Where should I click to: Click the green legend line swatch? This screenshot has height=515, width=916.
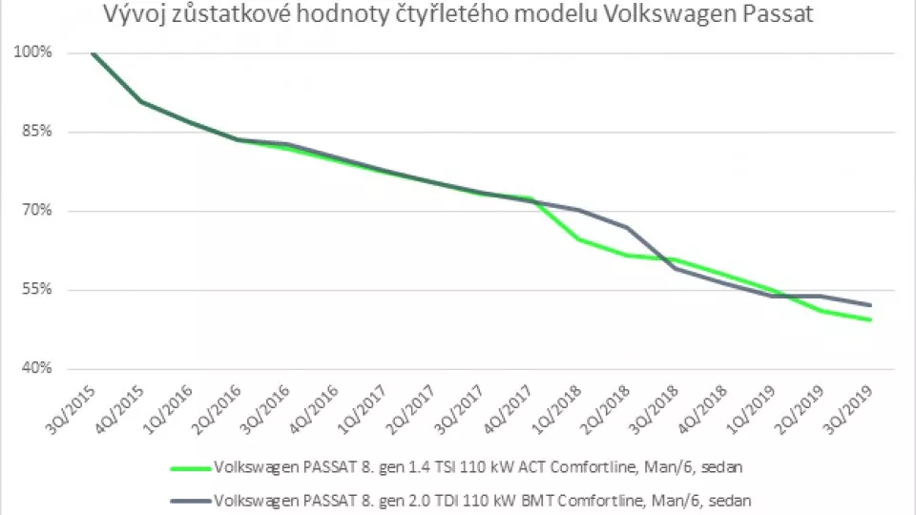[x=190, y=468]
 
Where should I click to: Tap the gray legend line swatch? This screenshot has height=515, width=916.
[x=190, y=499]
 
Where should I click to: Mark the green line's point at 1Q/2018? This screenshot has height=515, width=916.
[x=578, y=239]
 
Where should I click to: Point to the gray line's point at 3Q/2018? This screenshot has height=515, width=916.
[x=676, y=268]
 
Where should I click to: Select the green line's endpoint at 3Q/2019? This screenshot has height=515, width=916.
[x=871, y=319]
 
